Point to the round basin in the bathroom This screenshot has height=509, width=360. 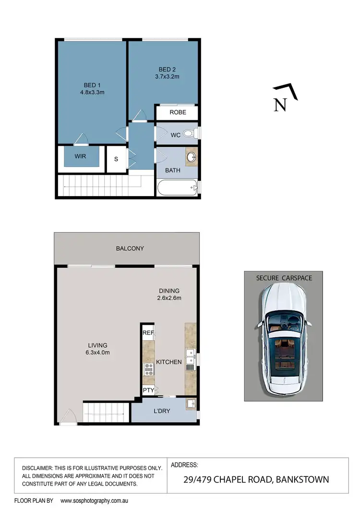192,156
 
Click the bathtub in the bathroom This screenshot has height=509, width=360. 177,188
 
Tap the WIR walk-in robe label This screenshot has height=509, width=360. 80,156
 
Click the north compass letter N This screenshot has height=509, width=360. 280,105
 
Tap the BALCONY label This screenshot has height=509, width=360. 130,249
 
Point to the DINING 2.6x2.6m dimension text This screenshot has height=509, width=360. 169,298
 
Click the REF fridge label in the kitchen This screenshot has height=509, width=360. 148,332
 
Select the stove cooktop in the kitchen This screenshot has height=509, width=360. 149,369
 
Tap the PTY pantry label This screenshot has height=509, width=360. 148,390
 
